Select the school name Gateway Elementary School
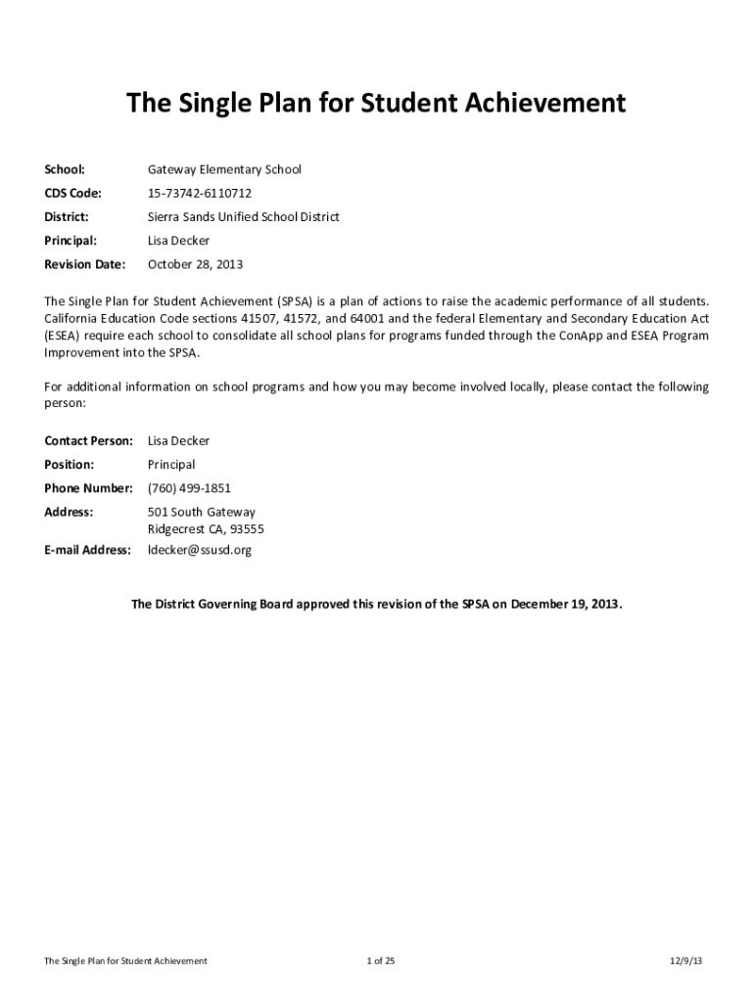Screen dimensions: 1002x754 224,169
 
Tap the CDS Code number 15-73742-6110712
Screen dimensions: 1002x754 200,193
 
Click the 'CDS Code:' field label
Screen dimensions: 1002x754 72,193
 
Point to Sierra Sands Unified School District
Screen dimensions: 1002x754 243,216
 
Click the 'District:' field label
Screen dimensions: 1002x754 67,216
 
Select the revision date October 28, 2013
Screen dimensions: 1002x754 195,264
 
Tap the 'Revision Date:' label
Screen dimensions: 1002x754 85,264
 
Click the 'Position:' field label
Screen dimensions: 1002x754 70,464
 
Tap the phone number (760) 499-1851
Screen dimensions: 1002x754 189,487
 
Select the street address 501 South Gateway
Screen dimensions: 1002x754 201,512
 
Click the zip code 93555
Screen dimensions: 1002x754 246,529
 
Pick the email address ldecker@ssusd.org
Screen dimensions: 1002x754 200,550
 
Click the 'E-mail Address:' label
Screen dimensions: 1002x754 88,550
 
